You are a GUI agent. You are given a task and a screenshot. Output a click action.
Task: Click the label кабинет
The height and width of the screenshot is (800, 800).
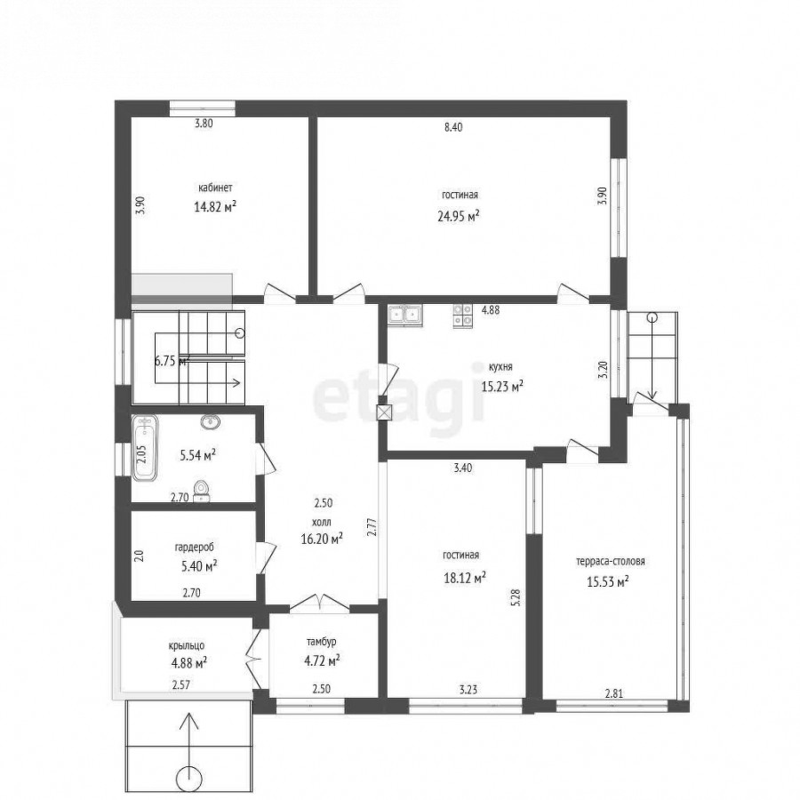click(215, 188)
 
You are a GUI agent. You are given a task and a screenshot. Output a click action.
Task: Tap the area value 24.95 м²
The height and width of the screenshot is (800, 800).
click(459, 216)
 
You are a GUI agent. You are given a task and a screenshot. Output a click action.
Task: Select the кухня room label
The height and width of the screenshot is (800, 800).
click(500, 367)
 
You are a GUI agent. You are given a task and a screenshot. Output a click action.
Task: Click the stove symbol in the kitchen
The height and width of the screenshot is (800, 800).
click(463, 316)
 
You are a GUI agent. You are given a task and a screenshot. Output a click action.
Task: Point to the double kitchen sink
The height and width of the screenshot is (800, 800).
click(404, 315)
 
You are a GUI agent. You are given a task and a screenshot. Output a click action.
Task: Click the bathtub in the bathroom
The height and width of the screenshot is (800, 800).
click(145, 448)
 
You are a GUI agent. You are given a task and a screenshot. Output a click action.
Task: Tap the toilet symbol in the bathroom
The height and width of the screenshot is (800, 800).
click(202, 491)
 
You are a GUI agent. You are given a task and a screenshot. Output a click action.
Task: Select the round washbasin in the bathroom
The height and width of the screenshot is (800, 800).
click(210, 421)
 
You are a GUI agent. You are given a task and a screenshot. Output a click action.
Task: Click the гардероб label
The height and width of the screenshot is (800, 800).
click(195, 547)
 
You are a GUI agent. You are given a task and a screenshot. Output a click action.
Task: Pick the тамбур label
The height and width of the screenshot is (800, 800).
click(322, 642)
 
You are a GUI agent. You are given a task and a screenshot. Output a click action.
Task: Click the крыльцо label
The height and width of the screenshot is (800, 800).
click(187, 646)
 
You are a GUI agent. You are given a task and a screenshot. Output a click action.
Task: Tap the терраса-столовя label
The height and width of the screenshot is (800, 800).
click(611, 561)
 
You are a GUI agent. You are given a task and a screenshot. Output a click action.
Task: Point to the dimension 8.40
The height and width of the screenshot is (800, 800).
click(453, 127)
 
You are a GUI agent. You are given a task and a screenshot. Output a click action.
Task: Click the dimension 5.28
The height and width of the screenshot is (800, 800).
click(516, 597)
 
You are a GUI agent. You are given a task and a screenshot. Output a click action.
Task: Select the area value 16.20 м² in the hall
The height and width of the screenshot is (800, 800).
click(322, 539)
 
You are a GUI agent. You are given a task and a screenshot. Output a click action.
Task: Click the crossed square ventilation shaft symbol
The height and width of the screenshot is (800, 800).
click(384, 412)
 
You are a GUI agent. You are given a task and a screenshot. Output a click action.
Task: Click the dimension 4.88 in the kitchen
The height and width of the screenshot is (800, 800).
click(491, 309)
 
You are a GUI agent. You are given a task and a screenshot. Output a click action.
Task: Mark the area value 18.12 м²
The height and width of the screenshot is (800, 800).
click(464, 578)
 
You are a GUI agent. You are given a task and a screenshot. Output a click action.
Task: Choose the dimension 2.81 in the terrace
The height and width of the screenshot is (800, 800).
click(613, 693)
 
